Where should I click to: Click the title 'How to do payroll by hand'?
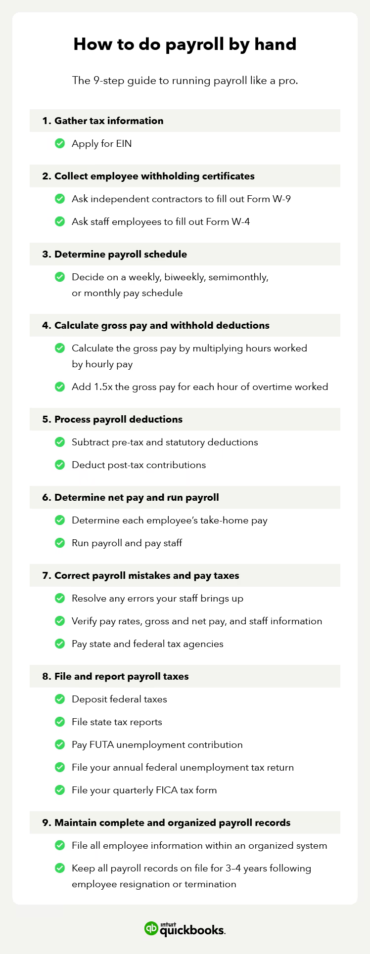click(x=185, y=44)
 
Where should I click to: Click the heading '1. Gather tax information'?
click(x=102, y=121)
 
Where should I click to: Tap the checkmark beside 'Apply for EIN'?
click(x=60, y=143)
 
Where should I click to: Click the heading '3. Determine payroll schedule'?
click(x=114, y=254)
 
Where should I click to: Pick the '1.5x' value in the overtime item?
click(x=103, y=387)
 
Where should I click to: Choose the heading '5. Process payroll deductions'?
click(x=112, y=419)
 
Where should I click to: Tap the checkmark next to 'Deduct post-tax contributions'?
click(x=60, y=465)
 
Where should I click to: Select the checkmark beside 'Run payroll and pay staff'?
click(x=60, y=543)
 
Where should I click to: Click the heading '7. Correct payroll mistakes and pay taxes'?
click(x=140, y=575)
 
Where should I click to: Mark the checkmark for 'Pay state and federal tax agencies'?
click(x=60, y=644)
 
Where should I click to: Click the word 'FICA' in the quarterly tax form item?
click(x=166, y=790)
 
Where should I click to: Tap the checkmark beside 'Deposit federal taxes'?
click(x=60, y=699)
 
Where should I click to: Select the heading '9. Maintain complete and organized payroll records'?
click(x=166, y=823)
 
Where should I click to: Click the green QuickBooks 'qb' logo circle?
click(x=151, y=928)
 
